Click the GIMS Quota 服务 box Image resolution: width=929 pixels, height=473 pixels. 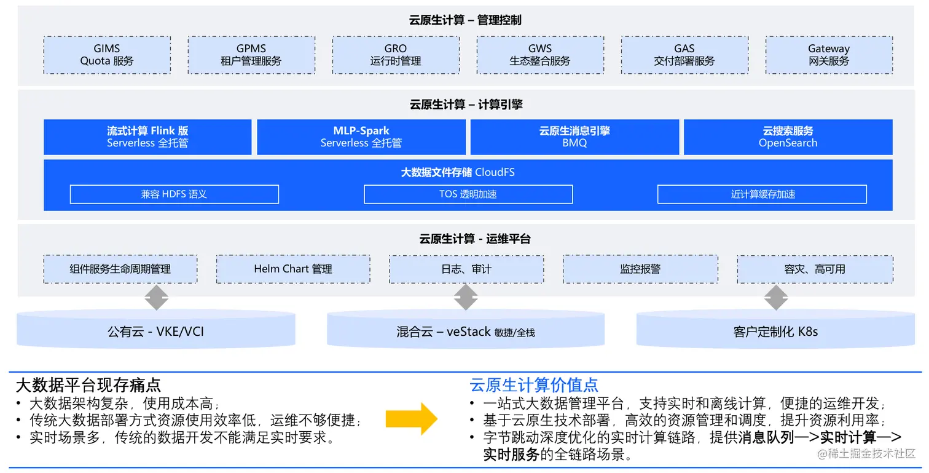[x=107, y=55]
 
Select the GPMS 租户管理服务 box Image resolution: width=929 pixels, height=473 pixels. [x=251, y=55]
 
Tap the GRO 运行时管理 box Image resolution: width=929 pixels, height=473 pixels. [x=396, y=55]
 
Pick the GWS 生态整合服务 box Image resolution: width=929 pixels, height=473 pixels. [x=540, y=55]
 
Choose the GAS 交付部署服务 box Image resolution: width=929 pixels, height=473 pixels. [x=684, y=55]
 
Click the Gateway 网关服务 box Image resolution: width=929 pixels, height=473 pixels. [x=829, y=55]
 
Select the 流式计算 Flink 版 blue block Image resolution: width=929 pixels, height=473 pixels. [x=147, y=137]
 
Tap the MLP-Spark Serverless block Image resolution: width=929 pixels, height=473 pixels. [x=361, y=137]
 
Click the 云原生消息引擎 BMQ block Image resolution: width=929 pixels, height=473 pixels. [x=574, y=137]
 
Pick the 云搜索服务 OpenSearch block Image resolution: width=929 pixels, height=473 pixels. [x=788, y=137]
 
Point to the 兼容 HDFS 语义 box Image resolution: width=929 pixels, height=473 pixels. [x=174, y=194]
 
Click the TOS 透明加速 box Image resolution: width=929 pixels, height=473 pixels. [x=468, y=194]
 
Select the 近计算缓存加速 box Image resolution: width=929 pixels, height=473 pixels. [x=762, y=194]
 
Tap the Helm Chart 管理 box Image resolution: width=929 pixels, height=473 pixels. [x=293, y=269]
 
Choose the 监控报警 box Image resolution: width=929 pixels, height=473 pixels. [x=640, y=269]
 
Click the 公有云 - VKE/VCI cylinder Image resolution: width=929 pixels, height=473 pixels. [x=156, y=332]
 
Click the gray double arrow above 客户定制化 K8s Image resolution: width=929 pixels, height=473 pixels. [x=775, y=298]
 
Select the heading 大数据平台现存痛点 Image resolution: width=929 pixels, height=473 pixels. [x=88, y=386]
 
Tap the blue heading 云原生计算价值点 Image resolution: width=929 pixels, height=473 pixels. [x=534, y=386]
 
